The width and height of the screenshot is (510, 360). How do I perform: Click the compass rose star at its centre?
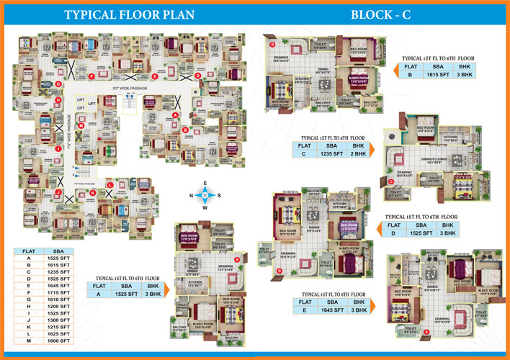pyautogui.click(x=205, y=194)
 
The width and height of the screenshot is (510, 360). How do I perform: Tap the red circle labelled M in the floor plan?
pyautogui.click(x=81, y=125)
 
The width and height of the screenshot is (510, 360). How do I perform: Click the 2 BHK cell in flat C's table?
pyautogui.click(x=357, y=153)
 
